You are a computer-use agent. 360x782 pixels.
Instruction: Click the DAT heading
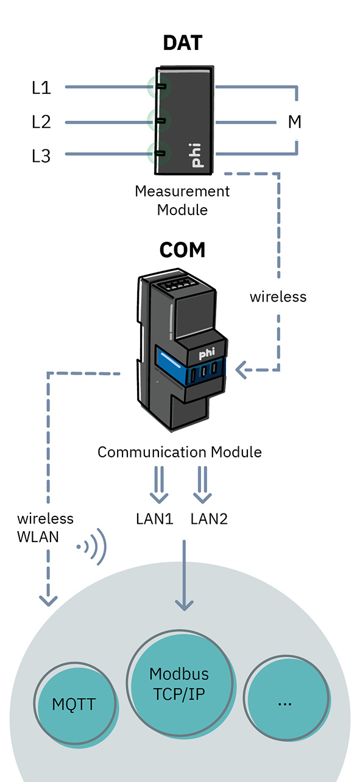[x=183, y=43]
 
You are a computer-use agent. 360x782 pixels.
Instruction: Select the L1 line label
[x=41, y=88]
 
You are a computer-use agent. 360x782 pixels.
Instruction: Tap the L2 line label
[x=41, y=122]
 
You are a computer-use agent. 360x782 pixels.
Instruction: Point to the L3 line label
[x=41, y=156]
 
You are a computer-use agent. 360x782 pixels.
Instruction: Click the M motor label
[x=294, y=122]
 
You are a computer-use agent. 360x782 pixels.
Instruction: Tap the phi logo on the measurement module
[x=196, y=155]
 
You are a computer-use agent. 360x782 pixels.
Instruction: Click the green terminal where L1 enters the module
[x=161, y=86]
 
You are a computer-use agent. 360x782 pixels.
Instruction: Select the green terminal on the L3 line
[x=161, y=153]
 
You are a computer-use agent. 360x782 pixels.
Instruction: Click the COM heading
[x=182, y=250]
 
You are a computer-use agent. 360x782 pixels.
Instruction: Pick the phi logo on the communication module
[x=206, y=354]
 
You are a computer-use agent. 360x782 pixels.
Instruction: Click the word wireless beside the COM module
[x=278, y=297]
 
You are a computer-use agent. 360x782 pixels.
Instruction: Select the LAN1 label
[x=155, y=519]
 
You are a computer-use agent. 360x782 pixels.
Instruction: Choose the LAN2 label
[x=209, y=519]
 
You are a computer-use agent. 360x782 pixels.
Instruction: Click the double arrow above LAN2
[x=202, y=485]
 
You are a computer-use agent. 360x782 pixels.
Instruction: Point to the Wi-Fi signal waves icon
[x=92, y=546]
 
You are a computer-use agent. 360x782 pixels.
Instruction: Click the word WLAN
[x=38, y=537]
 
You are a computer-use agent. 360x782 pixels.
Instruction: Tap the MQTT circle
[x=75, y=704]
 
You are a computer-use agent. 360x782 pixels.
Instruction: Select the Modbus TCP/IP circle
[x=180, y=683]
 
